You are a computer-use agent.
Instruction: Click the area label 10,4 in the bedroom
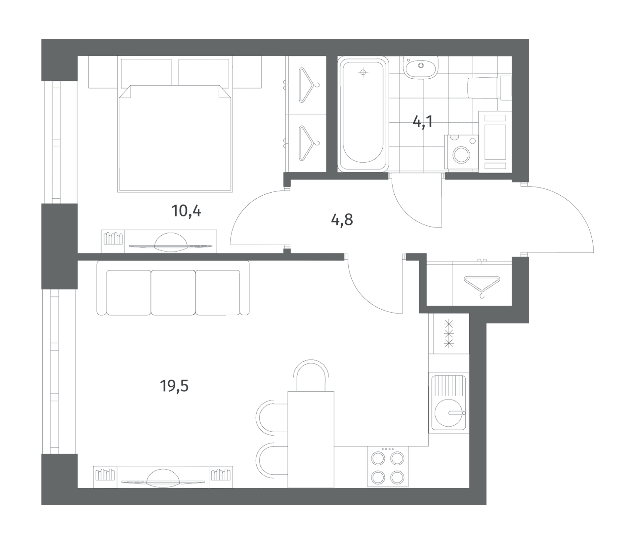point(186,211)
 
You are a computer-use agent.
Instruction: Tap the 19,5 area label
point(174,386)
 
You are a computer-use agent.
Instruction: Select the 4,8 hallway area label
point(342,220)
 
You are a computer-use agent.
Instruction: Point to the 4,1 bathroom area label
point(423,122)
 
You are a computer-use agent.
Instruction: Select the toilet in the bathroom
point(489,88)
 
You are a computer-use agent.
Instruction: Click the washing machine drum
point(461,154)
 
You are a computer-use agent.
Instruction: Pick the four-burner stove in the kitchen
point(388,466)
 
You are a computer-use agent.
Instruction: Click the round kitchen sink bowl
point(449,412)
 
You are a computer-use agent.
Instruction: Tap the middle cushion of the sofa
point(173,292)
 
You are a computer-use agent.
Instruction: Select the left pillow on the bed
point(146,73)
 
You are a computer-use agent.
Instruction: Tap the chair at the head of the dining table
point(311,375)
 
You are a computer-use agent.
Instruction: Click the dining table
point(311,439)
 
